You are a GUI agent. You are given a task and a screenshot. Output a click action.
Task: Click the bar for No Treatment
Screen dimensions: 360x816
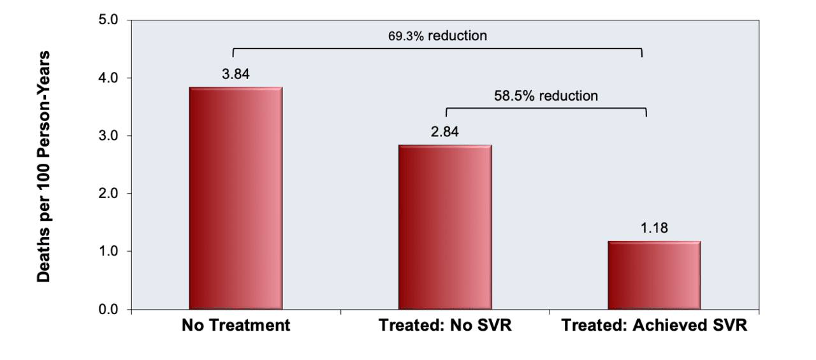coord(236,198)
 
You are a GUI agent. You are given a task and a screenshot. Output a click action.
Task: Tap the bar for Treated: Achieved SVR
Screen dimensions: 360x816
coord(654,275)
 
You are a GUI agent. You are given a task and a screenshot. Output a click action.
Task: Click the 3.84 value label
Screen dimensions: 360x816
coord(236,74)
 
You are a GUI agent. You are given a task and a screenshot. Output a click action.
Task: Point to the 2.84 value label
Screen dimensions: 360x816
coord(445,132)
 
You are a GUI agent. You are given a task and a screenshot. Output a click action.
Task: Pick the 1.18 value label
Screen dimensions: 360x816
coord(654,228)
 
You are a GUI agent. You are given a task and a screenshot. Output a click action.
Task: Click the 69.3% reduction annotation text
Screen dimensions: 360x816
coord(437,36)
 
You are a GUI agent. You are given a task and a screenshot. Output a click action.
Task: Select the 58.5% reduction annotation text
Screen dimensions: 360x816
coord(546,96)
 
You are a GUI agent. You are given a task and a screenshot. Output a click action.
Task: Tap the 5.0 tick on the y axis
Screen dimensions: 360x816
coord(109,20)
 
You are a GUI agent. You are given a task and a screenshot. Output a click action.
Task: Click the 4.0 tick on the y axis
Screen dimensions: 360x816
coord(109,78)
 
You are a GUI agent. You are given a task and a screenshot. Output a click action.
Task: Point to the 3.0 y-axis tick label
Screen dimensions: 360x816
coord(109,136)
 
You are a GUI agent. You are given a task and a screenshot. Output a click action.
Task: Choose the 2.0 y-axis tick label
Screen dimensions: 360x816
coord(109,194)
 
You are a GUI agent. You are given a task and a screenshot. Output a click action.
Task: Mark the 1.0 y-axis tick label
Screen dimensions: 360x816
coord(109,252)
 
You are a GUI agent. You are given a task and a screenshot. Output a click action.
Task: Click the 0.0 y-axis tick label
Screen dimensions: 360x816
coord(109,310)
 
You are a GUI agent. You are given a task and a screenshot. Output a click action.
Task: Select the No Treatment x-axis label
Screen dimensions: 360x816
coord(236,326)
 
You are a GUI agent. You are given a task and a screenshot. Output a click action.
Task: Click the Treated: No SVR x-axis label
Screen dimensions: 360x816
coord(445,326)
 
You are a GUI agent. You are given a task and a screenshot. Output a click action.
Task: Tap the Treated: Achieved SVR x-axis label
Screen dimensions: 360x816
coord(654,326)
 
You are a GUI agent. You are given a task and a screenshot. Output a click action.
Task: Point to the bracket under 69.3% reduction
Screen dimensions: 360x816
coord(437,48)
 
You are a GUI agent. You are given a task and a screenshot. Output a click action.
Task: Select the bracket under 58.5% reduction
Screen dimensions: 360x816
coord(546,109)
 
